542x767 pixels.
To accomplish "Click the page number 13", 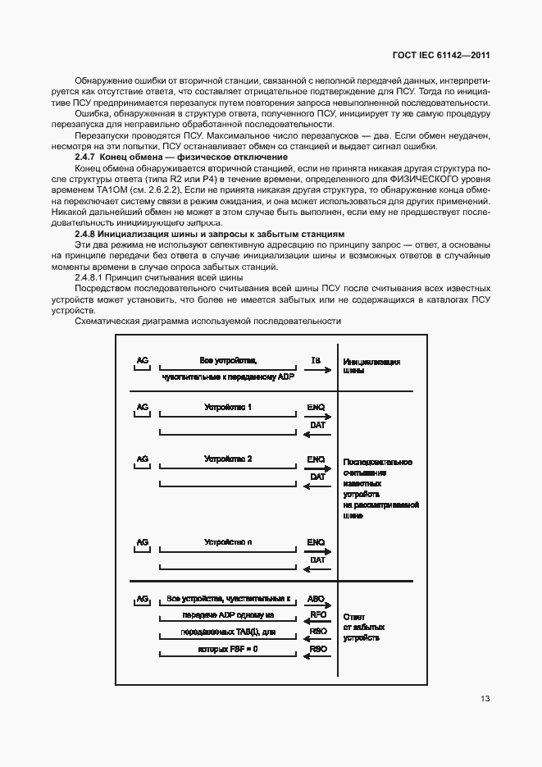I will (485, 699).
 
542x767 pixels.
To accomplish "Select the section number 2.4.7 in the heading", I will (85, 156).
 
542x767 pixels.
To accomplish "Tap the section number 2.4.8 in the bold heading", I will (85, 234).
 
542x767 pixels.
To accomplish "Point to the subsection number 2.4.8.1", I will (91, 278).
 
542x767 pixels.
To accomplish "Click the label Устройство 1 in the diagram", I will (227, 407).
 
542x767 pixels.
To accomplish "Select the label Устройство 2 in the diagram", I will (227, 459).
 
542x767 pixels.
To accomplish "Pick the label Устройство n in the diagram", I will (227, 542).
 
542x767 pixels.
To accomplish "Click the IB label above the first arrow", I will (316, 359).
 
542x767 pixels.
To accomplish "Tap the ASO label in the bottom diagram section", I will (317, 599).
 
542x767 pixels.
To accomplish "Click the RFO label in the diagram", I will (317, 615).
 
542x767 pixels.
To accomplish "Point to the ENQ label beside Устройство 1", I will (317, 407).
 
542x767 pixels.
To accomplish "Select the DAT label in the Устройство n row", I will (317, 560).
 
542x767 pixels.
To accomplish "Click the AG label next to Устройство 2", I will (142, 459).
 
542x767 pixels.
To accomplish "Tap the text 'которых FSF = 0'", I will (228, 649).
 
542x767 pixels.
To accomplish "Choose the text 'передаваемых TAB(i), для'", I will (228, 632).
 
